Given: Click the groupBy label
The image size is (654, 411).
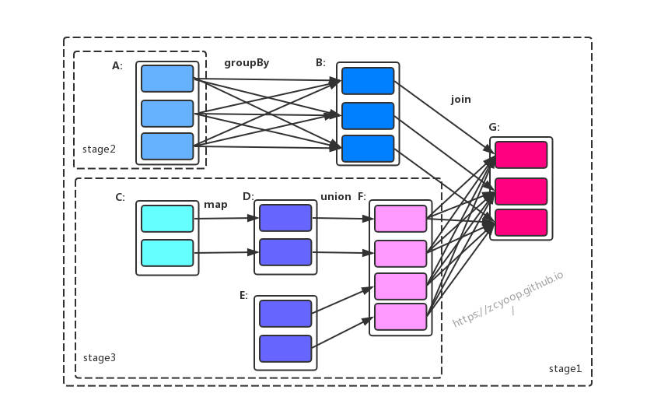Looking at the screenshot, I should tap(247, 63).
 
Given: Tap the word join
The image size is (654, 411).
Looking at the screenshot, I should tap(460, 100).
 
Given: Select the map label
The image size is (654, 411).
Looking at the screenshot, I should tap(215, 205).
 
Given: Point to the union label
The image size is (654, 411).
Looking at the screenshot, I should tap(336, 197).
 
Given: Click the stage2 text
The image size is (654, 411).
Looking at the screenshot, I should tap(99, 149).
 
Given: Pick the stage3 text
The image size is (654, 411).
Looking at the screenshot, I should tap(100, 357).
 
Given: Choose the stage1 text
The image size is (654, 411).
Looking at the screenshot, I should tap(565, 368).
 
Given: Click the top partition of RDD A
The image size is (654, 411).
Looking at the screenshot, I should tap(167, 79).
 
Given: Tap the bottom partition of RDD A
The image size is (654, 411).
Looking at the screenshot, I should tap(167, 146).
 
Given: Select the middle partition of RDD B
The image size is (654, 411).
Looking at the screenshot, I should tap(368, 115).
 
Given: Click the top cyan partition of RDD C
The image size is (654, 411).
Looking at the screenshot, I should tap(167, 219).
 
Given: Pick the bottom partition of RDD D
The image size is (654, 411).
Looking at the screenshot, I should tap(285, 252).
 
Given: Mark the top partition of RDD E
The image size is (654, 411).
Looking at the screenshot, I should tap(285, 313).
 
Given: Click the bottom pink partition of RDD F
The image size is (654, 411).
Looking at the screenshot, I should tap(400, 317).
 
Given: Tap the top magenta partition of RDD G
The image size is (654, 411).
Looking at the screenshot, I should tap(521, 155).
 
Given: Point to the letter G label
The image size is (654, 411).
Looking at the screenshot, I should tap(494, 127).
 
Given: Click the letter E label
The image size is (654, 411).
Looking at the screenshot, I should tap(243, 295).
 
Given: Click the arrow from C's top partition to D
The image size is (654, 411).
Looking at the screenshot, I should tap(226, 218).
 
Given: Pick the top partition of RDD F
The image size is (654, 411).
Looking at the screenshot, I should tap(400, 219).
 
